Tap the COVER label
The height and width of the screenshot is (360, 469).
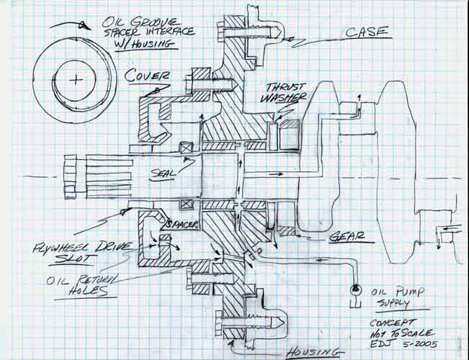pyautogui.click(x=148, y=75)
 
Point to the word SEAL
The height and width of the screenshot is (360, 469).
pyautogui.click(x=164, y=173)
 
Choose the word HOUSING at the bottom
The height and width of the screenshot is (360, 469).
pyautogui.click(x=311, y=351)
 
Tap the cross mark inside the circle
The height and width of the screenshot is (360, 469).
pyautogui.click(x=74, y=80)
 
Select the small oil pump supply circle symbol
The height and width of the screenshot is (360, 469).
pyautogui.click(x=355, y=288)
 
